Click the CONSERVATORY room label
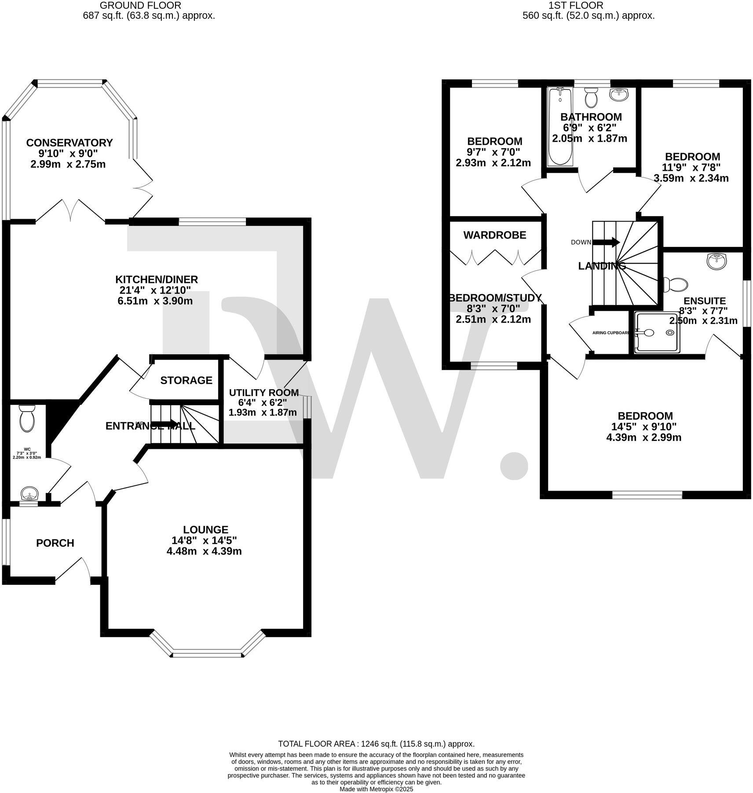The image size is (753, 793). tap(69, 143)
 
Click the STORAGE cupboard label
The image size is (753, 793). tap(186, 380)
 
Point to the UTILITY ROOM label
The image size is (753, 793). tap(263, 393)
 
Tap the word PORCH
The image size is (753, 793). tap(55, 543)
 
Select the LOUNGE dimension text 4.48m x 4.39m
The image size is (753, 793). tap(204, 551)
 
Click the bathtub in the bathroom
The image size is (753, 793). tap(559, 127)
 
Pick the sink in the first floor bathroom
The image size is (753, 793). tap(619, 94)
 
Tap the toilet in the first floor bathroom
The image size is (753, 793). tap(591, 97)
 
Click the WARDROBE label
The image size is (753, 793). tap(495, 235)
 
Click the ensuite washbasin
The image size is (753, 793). tap(717, 261)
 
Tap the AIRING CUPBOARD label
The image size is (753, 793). tap(610, 333)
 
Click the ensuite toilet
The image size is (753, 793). tap(676, 284)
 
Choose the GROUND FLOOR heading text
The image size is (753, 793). tap(140, 5)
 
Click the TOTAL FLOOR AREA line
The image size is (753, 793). tap(376, 744)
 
